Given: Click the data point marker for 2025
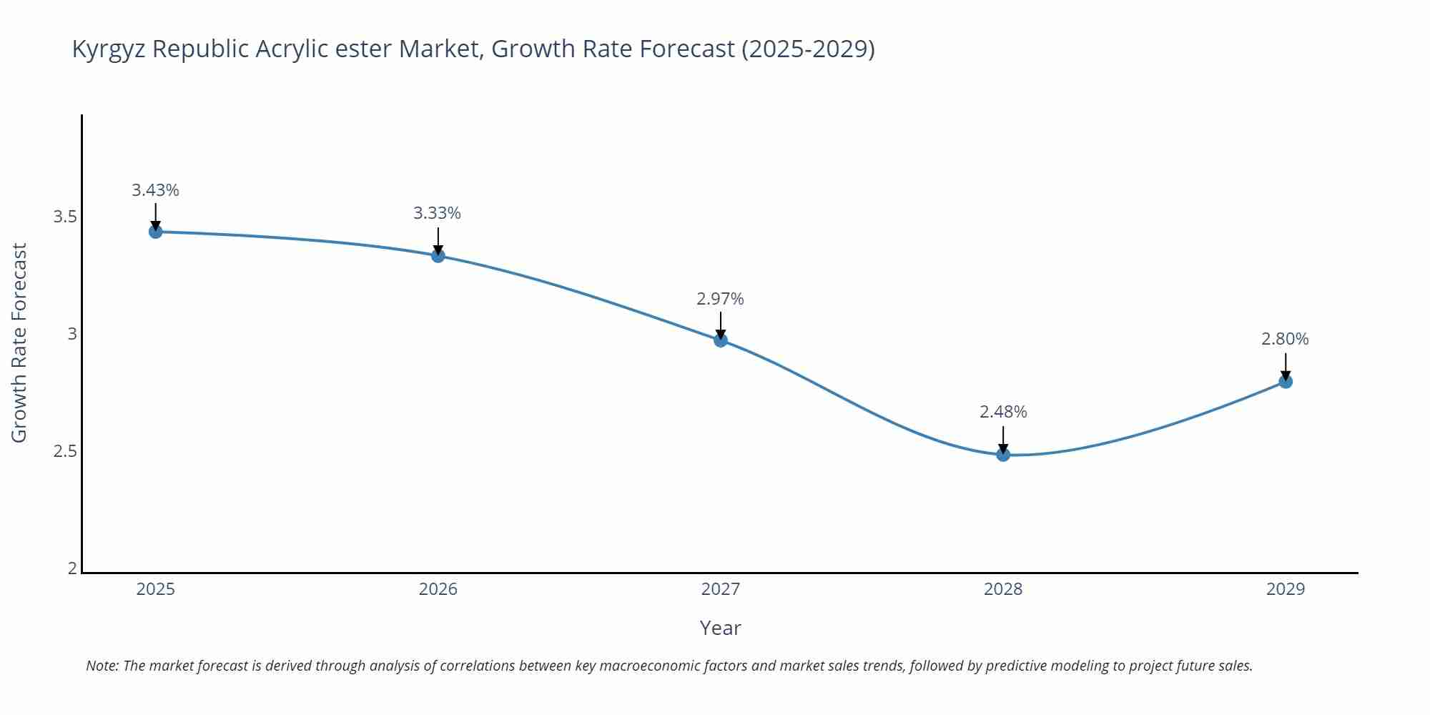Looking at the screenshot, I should (x=155, y=232).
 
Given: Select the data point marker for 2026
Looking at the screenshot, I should (x=438, y=255).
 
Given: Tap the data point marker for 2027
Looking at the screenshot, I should (x=721, y=340).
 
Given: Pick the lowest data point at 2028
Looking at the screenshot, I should (x=1003, y=455).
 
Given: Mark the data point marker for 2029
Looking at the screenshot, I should (x=1286, y=382).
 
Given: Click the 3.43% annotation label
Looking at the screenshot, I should (x=155, y=190).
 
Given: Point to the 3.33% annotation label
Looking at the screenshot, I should (x=437, y=213).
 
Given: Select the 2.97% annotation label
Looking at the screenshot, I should (x=720, y=299).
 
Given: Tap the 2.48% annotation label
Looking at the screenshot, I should (x=1003, y=412).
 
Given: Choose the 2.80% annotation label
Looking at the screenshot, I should (x=1285, y=339).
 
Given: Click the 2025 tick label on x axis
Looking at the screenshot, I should (x=155, y=589).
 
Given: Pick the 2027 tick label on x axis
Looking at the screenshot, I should (x=721, y=589).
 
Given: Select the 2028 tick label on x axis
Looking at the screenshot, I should (x=1003, y=589).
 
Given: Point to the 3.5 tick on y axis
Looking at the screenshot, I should (x=65, y=217).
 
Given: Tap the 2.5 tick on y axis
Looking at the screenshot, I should (x=65, y=451).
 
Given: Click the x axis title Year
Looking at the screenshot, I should (x=720, y=628).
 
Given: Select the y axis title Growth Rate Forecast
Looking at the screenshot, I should (x=19, y=342).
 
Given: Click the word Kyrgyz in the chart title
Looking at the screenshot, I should (x=109, y=49).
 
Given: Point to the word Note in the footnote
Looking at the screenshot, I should (x=102, y=666).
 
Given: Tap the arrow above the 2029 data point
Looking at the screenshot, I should (x=1286, y=365).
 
